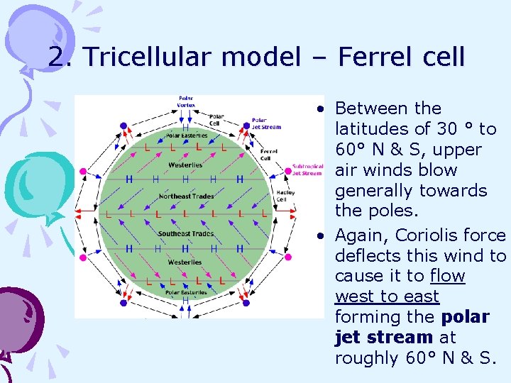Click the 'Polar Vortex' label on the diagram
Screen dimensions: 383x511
click(186, 101)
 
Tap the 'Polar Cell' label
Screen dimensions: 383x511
click(216, 119)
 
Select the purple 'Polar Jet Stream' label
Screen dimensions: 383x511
click(267, 123)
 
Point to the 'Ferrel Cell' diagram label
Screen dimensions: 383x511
click(269, 154)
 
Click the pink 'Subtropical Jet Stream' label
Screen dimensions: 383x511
click(307, 170)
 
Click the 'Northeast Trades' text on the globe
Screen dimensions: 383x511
click(185, 196)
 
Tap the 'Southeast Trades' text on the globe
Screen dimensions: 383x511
click(185, 233)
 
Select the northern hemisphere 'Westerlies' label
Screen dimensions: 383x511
click(185, 165)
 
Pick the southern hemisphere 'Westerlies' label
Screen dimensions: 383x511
click(185, 262)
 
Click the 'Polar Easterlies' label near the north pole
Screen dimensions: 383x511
click(187, 135)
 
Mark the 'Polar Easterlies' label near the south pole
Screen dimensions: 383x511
click(187, 292)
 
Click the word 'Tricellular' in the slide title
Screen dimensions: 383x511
click(145, 57)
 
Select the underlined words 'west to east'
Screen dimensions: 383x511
click(387, 296)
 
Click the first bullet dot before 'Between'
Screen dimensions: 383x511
click(322, 110)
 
